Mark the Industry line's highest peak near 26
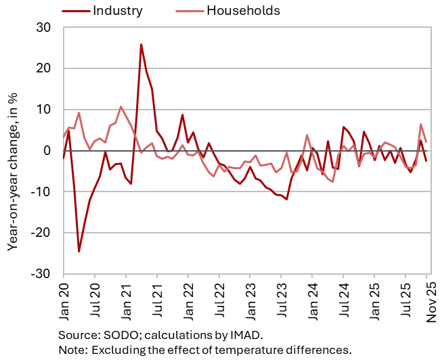tap(141, 45)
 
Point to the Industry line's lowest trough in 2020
tap(79, 252)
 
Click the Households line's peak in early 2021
tap(120, 107)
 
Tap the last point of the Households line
tap(426, 141)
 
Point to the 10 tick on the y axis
tap(47, 110)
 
